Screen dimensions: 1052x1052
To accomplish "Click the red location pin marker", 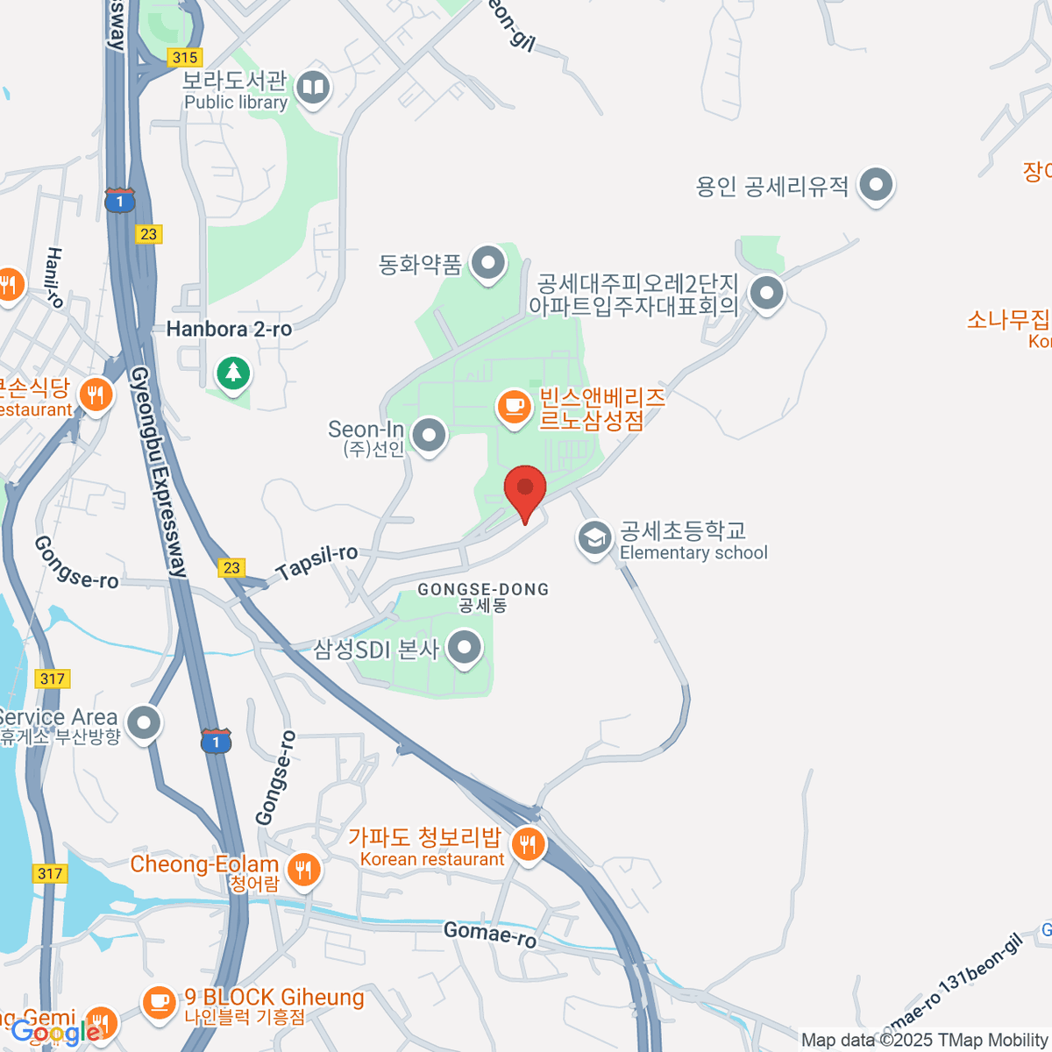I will click(525, 489).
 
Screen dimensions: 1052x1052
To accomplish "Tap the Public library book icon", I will click(313, 88).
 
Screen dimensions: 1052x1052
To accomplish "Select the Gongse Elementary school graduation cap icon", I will click(594, 538).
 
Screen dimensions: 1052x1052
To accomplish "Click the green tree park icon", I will click(232, 373).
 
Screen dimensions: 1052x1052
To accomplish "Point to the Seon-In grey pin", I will click(429, 435).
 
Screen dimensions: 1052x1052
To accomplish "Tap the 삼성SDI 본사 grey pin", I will click(465, 649).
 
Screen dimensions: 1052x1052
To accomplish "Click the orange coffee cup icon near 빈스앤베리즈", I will click(514, 407).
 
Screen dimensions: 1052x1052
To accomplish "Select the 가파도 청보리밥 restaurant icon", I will click(528, 844).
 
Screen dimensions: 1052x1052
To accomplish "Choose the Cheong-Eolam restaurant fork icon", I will click(303, 870).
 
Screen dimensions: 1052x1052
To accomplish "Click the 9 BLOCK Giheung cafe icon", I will click(159, 1001).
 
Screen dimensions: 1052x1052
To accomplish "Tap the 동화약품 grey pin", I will click(487, 263).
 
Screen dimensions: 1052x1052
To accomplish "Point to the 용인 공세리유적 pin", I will click(875, 185).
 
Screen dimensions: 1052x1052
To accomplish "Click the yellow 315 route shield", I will click(185, 58).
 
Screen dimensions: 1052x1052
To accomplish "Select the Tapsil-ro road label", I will click(316, 562).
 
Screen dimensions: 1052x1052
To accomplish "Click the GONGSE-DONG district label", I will click(483, 590).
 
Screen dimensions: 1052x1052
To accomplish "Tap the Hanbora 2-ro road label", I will click(229, 330).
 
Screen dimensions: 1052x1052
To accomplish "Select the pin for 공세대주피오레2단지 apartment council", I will click(767, 293).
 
